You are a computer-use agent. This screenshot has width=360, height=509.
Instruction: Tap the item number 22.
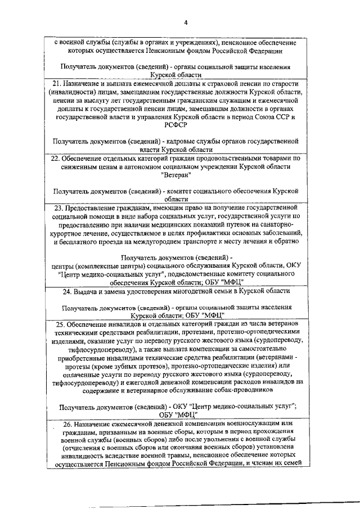click(55, 159)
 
